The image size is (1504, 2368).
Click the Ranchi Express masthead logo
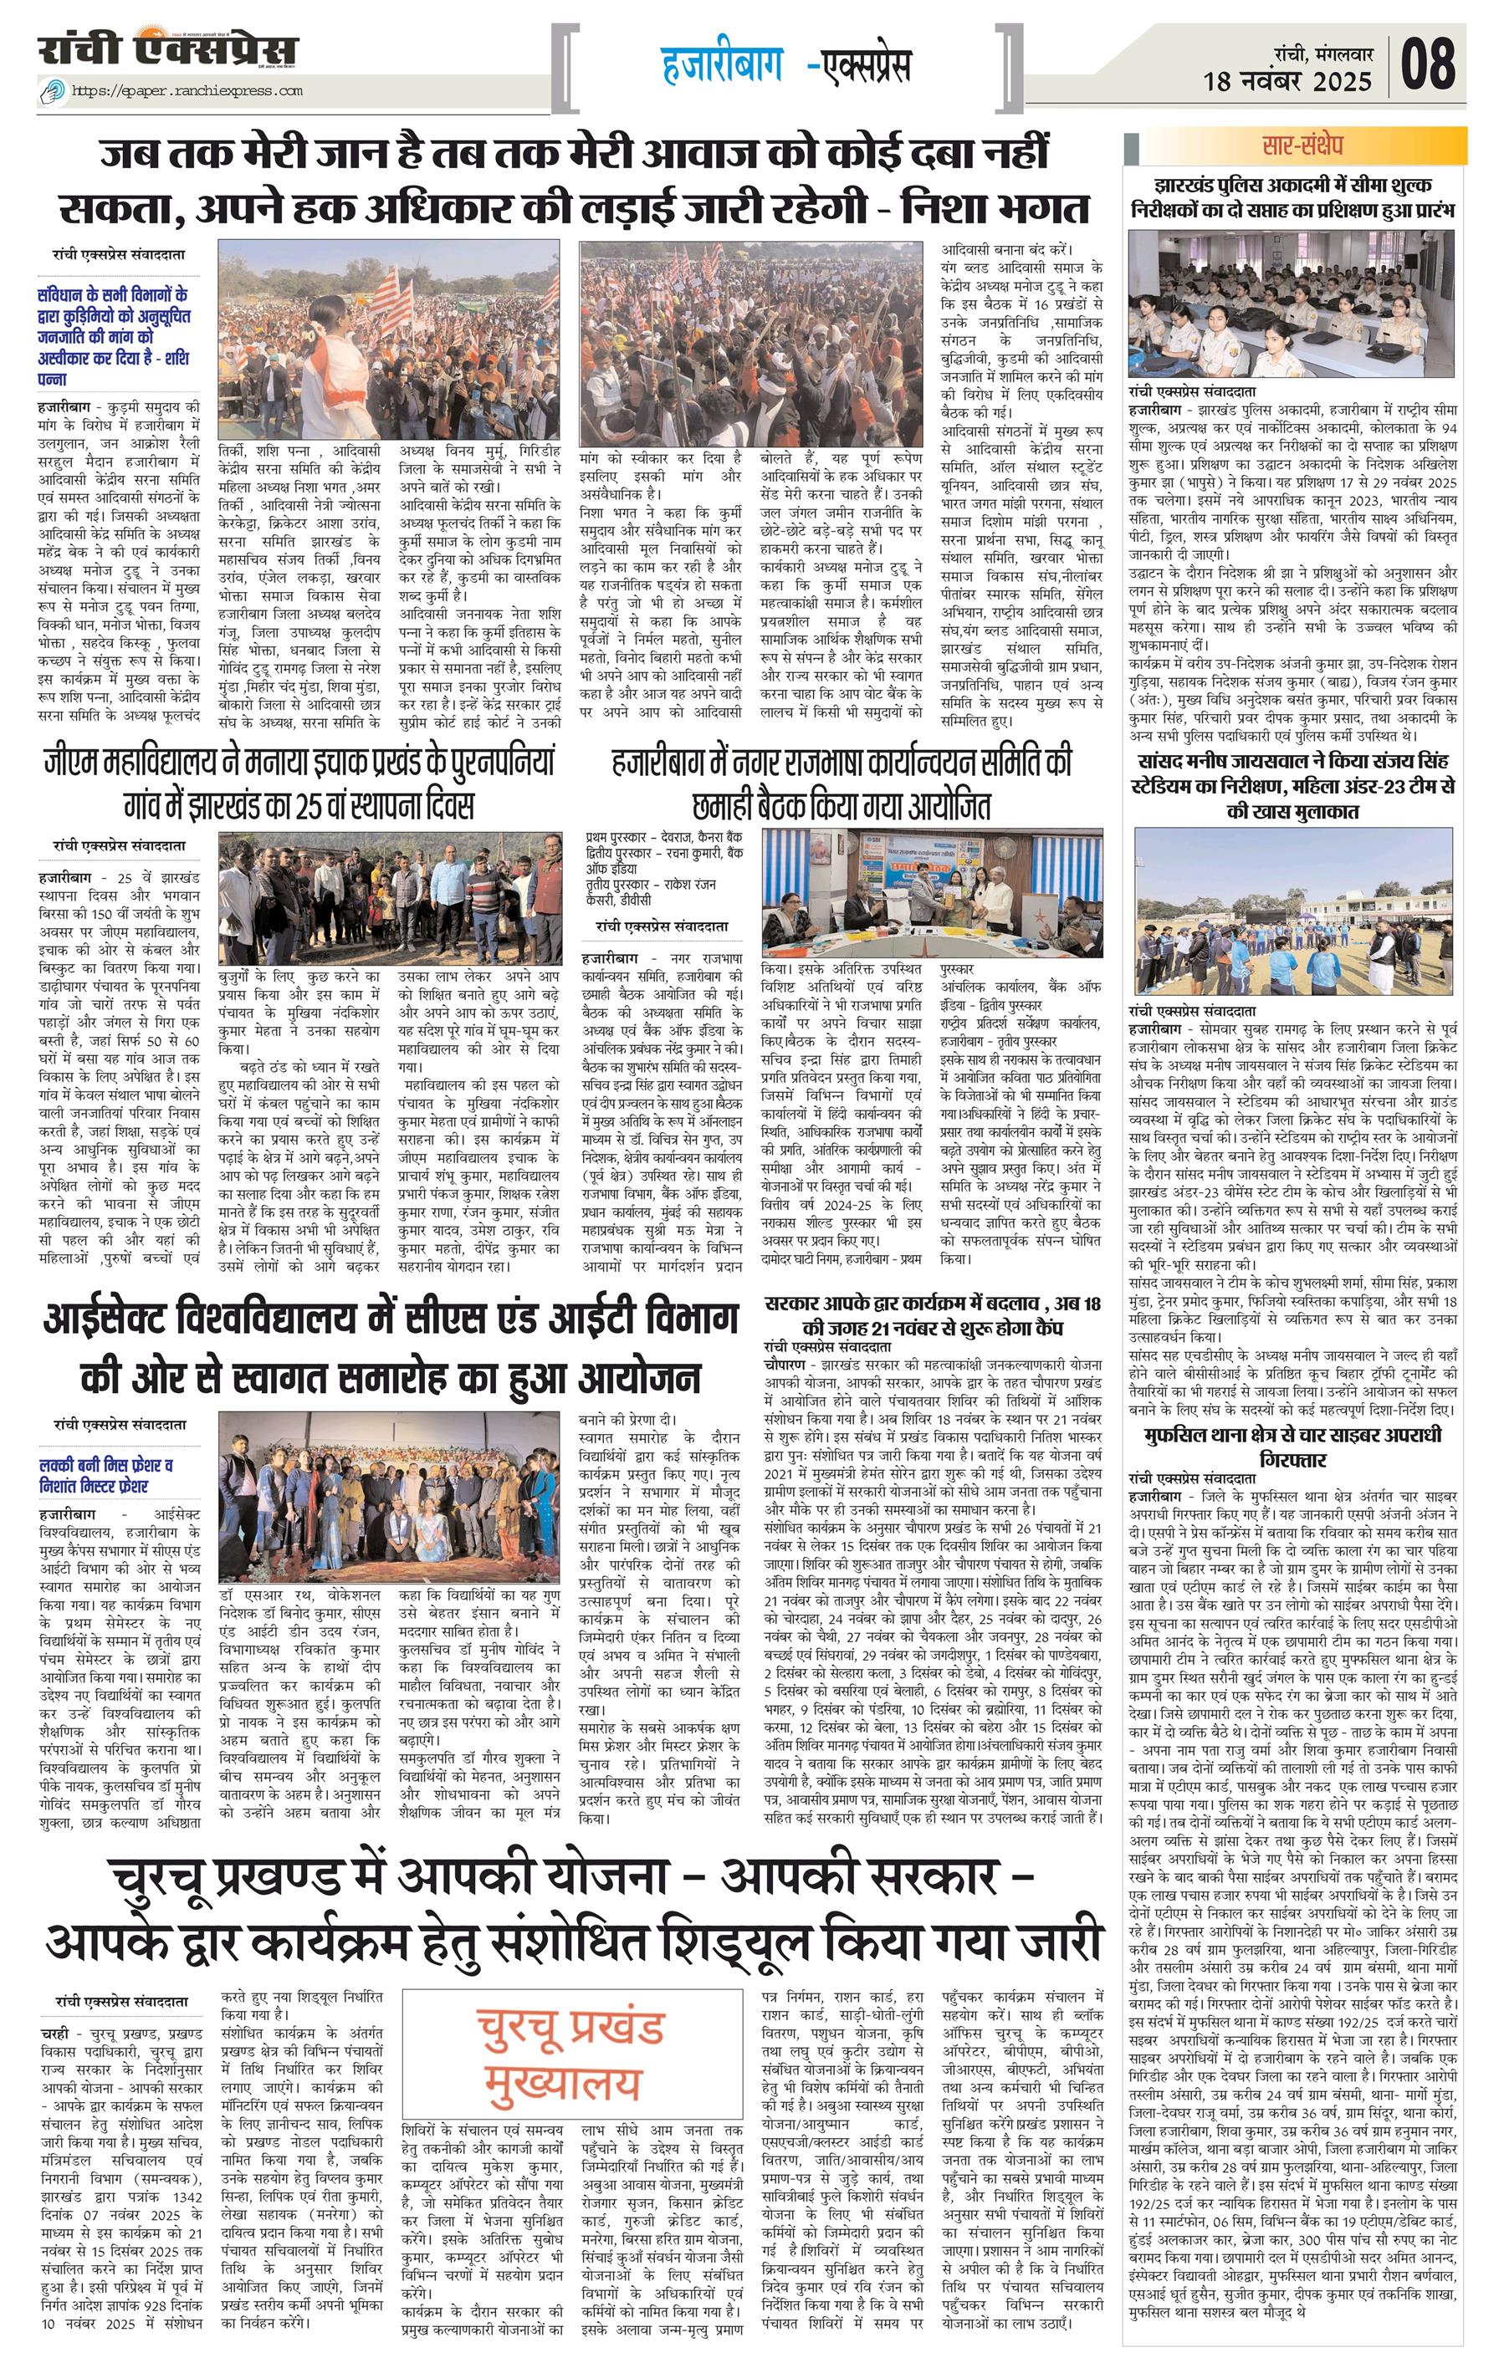(x=168, y=50)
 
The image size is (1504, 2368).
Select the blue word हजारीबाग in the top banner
(x=723, y=66)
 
